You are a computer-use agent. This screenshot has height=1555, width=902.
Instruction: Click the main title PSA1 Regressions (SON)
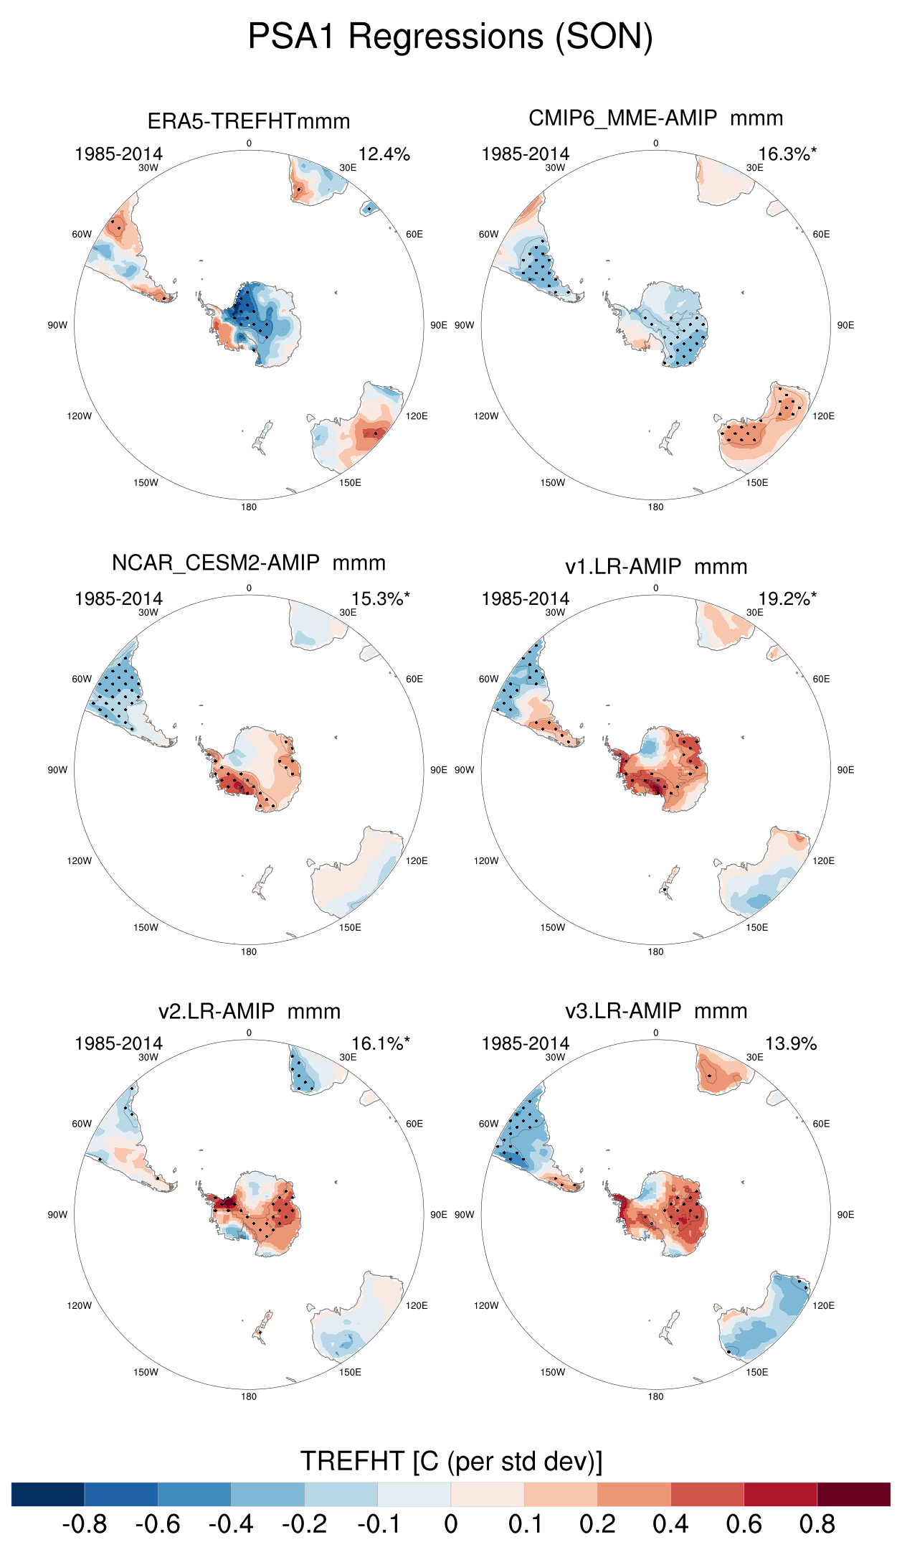(450, 36)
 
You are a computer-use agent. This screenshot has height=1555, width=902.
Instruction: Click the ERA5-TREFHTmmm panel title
(249, 121)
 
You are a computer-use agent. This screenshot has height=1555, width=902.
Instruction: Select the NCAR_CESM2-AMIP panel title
(249, 563)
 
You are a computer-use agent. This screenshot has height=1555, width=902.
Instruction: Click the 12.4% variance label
(384, 154)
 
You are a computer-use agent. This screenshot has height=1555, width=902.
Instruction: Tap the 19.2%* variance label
(787, 599)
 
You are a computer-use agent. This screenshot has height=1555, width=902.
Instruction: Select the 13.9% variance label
(791, 1044)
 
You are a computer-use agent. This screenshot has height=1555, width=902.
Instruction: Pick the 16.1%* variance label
(381, 1044)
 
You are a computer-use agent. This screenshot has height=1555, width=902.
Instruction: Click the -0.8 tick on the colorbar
(85, 1524)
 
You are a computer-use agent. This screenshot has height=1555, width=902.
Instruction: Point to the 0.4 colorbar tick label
(670, 1524)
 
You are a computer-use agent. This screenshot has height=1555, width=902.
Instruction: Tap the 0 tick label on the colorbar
(450, 1524)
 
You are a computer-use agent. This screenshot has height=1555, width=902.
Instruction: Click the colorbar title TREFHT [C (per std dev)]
(451, 1461)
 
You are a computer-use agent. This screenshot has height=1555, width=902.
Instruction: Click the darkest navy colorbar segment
(48, 1494)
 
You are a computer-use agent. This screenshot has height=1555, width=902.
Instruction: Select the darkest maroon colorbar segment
(853, 1494)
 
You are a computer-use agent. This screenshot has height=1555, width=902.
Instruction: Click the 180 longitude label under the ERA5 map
(249, 507)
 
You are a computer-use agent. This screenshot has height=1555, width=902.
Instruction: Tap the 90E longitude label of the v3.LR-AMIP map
(845, 1215)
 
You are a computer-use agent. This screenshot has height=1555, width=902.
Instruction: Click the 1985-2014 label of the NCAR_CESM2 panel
(119, 599)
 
